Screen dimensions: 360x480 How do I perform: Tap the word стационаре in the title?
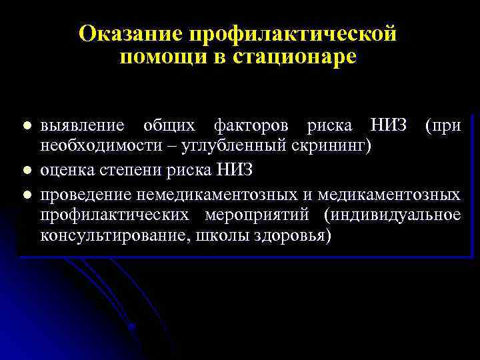(x=295, y=57)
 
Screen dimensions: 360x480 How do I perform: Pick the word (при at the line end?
(x=442, y=125)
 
